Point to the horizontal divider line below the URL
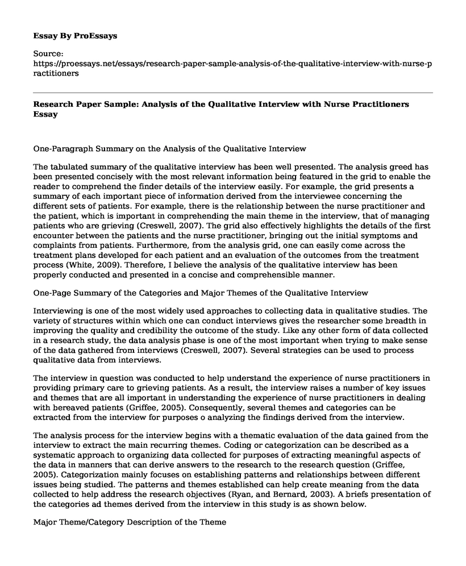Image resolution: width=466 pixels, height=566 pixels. pyautogui.click(x=233, y=93)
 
